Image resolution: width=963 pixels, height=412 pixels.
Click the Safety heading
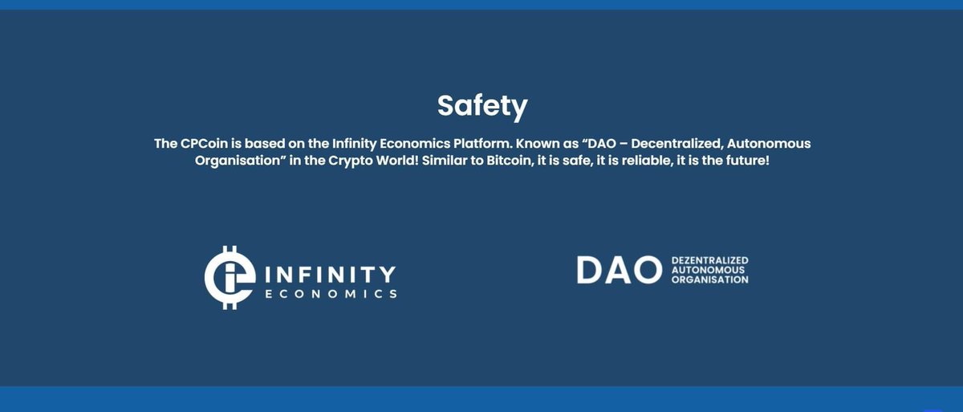481,106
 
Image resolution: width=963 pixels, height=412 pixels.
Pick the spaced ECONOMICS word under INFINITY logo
331,294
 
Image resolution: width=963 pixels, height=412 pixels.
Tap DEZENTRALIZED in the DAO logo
709,261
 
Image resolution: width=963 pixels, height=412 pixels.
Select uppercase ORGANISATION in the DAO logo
709,280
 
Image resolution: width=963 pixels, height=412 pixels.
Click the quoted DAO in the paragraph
604,144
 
